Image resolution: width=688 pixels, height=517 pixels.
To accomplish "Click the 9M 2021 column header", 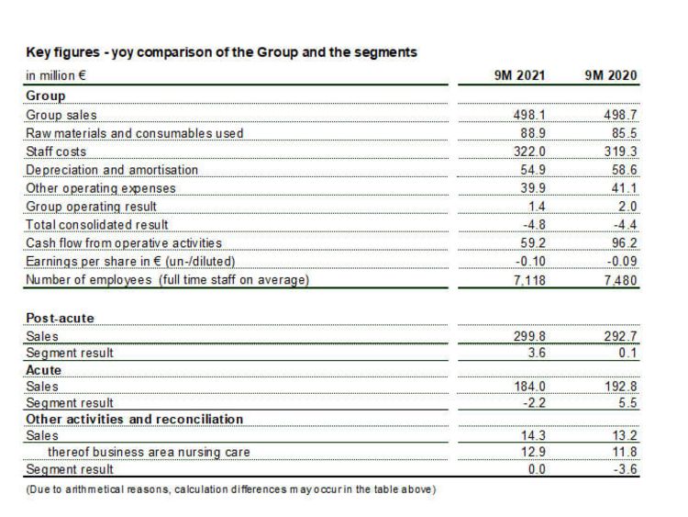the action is [519, 75].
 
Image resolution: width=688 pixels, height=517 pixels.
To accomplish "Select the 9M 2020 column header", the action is [610, 75].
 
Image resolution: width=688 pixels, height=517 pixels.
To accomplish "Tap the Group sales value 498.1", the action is [529, 115].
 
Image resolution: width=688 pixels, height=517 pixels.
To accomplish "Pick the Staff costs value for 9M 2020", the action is [620, 152].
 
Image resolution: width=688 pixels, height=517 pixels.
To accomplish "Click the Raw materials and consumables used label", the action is [134, 133].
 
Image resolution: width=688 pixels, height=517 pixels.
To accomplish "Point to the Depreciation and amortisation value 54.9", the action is [533, 170].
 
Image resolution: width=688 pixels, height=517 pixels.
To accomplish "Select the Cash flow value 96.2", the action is [624, 243].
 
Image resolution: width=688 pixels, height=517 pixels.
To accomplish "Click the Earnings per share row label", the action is [130, 262].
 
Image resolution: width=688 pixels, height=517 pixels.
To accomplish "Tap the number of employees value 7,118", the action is [529, 280].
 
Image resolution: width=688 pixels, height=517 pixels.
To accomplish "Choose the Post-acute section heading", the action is [61, 318].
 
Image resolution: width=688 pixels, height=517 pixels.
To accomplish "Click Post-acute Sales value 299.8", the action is [529, 336].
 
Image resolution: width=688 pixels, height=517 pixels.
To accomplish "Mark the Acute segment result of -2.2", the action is [534, 403].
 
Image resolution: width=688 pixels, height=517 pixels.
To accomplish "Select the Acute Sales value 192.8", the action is [620, 387].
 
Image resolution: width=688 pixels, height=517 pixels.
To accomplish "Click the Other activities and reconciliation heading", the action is [134, 419].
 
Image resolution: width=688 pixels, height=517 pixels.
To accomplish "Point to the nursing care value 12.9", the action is [533, 452].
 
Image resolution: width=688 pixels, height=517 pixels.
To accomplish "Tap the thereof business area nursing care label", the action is [149, 452].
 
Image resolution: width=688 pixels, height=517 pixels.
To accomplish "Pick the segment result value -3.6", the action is [625, 469].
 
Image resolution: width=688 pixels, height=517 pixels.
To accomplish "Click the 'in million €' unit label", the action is [56, 75].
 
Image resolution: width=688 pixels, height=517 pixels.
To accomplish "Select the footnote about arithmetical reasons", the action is [231, 489].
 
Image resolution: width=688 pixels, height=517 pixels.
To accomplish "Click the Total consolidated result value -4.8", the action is [534, 225].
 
